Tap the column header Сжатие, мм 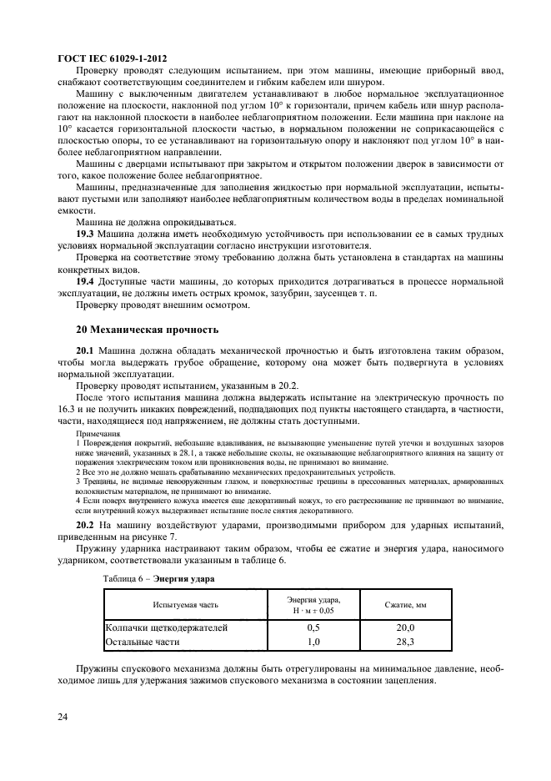click(405, 604)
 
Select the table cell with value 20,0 click(405, 627)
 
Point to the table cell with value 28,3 click(405, 641)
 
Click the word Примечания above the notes click(97, 434)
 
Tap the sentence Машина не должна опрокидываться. click(153, 223)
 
